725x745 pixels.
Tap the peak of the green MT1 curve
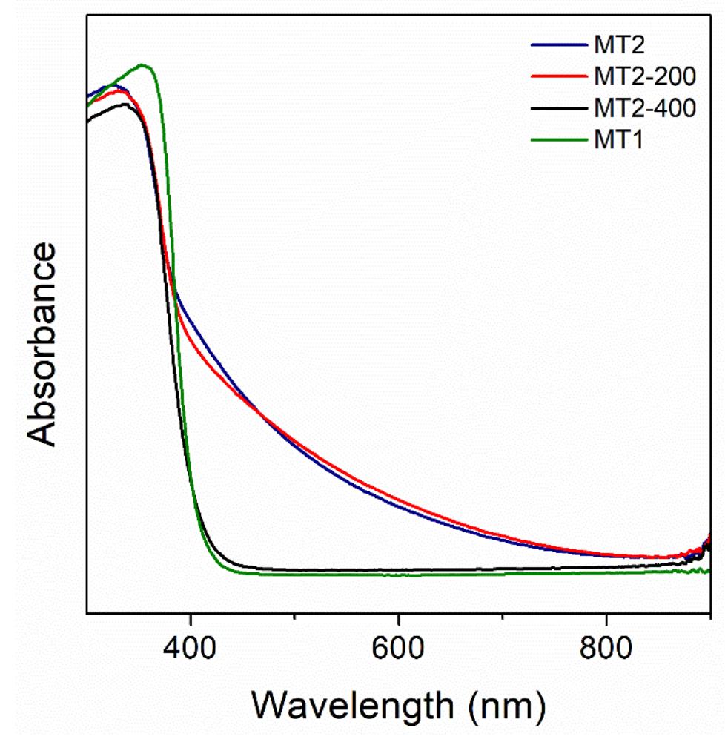144,65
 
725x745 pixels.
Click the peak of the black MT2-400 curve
126,104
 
